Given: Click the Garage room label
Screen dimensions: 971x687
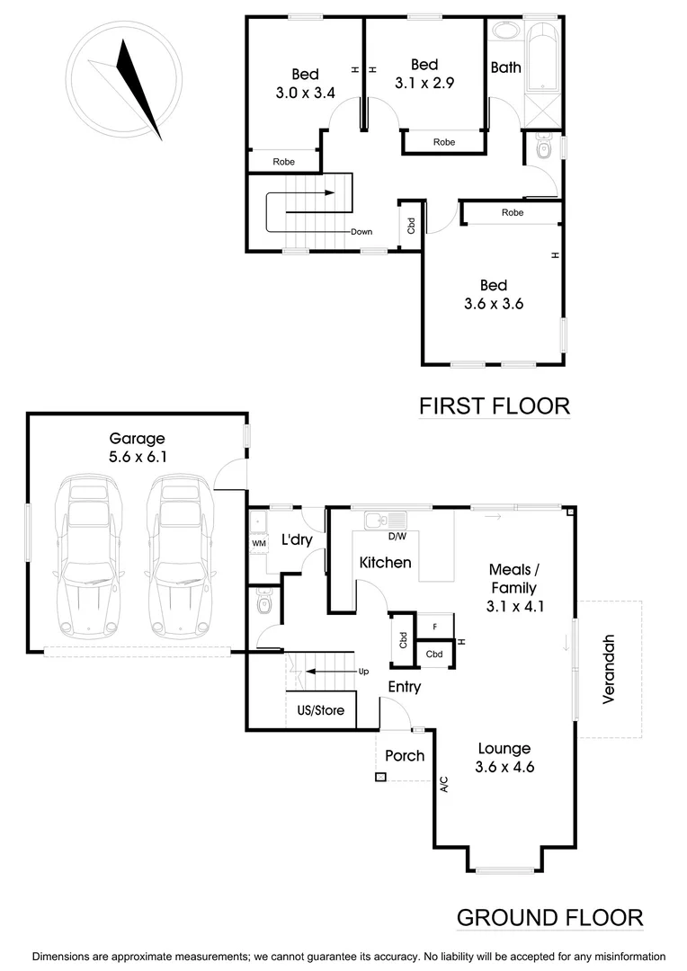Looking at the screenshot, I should click(137, 439).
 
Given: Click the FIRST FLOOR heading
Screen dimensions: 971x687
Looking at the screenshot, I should click(495, 406).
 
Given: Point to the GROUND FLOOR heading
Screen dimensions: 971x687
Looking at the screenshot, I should click(549, 918).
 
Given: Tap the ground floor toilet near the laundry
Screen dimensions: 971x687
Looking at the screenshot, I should click(263, 604).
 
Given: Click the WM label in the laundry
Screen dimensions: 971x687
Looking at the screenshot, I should click(258, 543).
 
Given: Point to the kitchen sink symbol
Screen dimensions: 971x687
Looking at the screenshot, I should click(385, 520).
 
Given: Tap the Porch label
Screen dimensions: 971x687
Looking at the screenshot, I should click(405, 755).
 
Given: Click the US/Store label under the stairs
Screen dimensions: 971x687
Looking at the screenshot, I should click(320, 710).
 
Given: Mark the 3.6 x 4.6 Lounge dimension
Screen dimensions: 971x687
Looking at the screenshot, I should click(504, 766).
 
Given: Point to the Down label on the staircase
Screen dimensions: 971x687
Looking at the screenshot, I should click(361, 232).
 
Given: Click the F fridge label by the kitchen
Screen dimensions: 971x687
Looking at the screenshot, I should click(435, 626).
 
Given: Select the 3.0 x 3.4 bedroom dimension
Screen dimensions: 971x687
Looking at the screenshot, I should click(304, 91).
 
